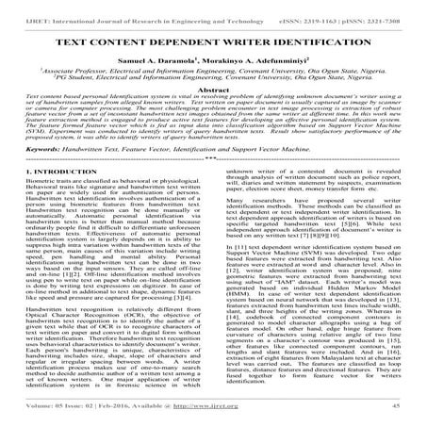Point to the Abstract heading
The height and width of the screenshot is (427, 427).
coord(214,105)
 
